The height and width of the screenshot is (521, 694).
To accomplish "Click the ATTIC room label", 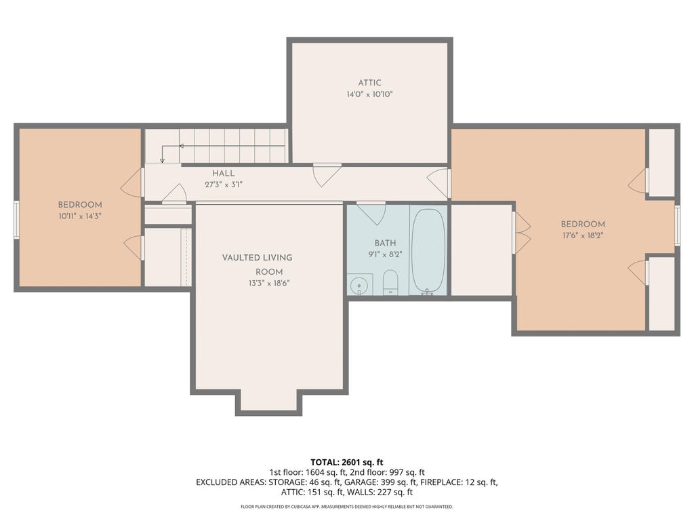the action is tap(369, 83).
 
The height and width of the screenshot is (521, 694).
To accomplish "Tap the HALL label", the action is tap(223, 173).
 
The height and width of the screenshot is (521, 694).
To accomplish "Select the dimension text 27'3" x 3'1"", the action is tap(224, 185).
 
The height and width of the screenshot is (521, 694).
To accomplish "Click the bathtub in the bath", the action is tap(428, 250).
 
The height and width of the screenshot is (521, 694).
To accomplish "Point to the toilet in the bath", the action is tap(390, 282).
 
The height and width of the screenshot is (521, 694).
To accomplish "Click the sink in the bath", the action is tap(359, 285).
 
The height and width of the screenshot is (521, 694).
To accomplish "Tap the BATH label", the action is tap(385, 244).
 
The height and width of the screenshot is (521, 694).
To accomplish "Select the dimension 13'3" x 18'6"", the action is tap(269, 284).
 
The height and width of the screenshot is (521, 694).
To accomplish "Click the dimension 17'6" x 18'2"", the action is tap(583, 235).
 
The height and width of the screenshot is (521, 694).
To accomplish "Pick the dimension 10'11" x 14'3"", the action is tap(80, 216).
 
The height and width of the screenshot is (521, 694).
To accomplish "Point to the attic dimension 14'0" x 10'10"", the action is tap(369, 94).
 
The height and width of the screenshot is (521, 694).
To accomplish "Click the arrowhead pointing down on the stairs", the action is tap(163, 160).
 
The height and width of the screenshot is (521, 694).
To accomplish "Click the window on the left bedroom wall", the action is tap(16, 220).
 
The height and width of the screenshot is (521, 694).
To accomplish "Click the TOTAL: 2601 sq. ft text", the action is tap(347, 463).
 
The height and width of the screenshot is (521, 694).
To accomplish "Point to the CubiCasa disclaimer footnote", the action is tap(347, 506).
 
